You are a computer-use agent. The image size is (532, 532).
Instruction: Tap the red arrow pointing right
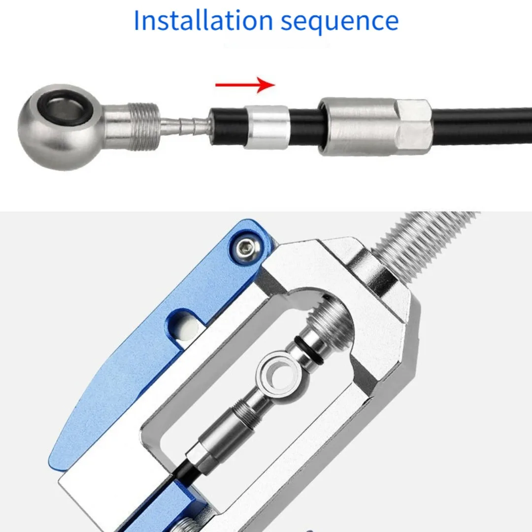click(x=245, y=85)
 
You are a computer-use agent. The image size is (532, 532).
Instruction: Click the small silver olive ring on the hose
click(x=267, y=127)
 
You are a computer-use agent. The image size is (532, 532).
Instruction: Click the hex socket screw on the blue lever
click(x=246, y=245)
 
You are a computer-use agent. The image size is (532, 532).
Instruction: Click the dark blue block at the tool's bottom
click(x=160, y=509)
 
